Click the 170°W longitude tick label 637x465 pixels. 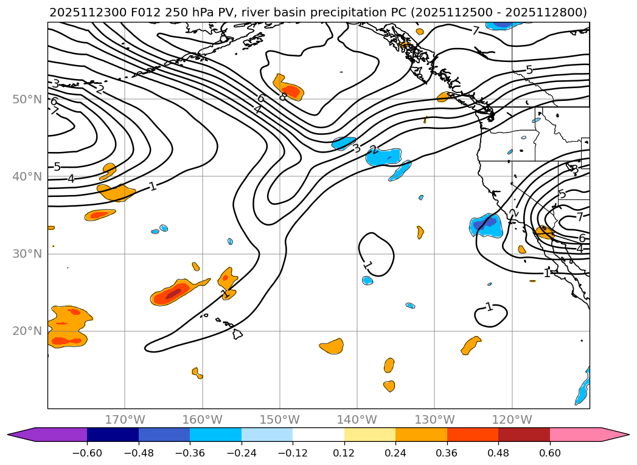(125, 419)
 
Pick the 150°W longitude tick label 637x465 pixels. (280, 419)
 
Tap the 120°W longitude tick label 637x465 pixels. (512, 419)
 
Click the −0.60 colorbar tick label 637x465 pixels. (87, 453)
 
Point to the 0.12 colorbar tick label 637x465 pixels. (344, 453)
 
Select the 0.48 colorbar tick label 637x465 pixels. (498, 453)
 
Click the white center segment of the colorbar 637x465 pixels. (318, 435)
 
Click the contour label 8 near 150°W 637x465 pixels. (283, 97)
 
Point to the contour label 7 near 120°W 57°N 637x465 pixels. (476, 31)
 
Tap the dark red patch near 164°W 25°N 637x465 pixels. (173, 294)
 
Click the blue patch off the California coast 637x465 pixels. (487, 225)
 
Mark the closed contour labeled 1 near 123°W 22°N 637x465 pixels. (490, 315)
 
